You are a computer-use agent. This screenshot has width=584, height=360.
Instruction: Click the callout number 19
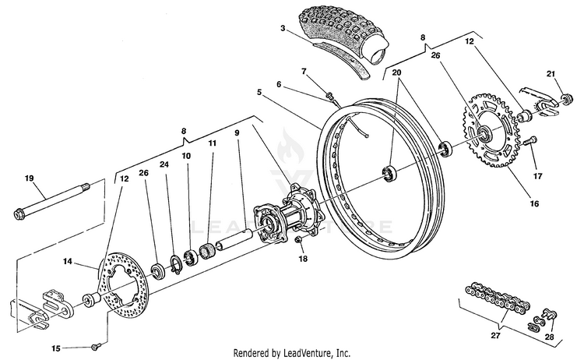(x=29, y=178)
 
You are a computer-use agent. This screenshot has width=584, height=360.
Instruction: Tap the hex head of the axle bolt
(x=18, y=214)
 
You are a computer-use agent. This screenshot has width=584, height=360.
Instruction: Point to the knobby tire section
(x=343, y=37)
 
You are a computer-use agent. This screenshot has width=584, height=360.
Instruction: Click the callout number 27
(x=495, y=335)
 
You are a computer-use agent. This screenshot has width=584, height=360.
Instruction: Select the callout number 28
(x=550, y=337)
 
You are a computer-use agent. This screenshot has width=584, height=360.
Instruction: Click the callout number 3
(x=283, y=28)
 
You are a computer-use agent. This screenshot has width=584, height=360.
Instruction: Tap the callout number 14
(x=67, y=262)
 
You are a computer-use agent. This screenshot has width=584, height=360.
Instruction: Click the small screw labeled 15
(x=96, y=347)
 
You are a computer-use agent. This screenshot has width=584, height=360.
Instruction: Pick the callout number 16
(x=534, y=204)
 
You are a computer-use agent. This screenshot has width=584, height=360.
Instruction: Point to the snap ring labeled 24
(x=176, y=264)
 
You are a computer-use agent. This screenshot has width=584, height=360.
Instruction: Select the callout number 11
(x=212, y=143)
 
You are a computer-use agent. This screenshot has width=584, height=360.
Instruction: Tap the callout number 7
(x=304, y=71)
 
